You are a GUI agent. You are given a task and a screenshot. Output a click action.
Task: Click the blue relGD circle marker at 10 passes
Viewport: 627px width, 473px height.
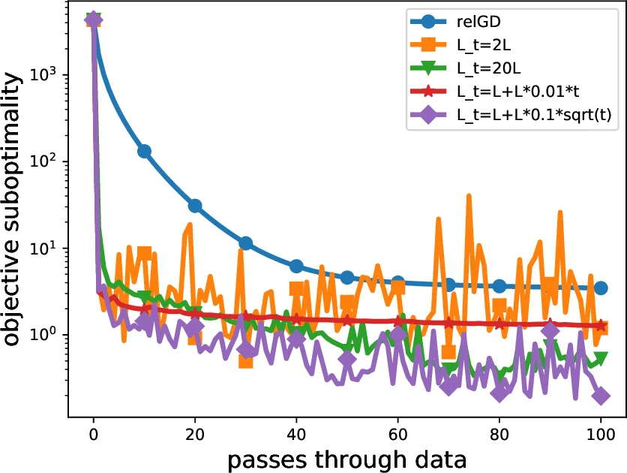144,152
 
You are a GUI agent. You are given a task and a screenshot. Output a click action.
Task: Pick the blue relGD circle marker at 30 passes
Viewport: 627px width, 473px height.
245,243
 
